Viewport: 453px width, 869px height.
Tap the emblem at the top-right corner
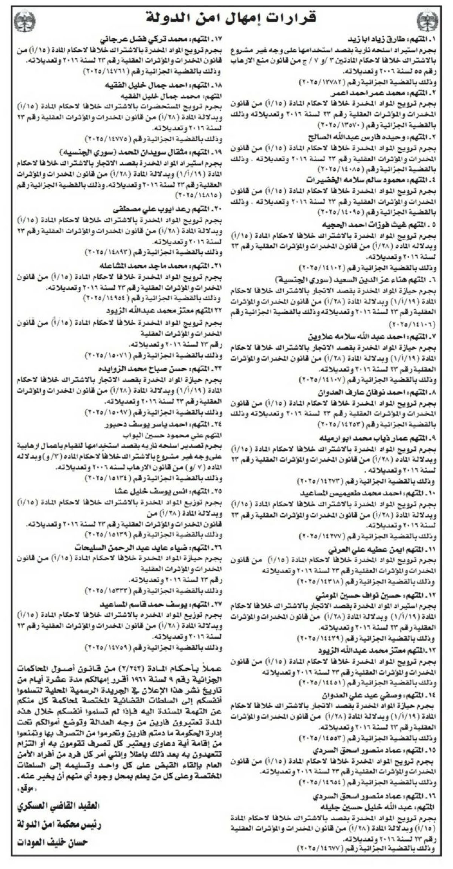[427, 21]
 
